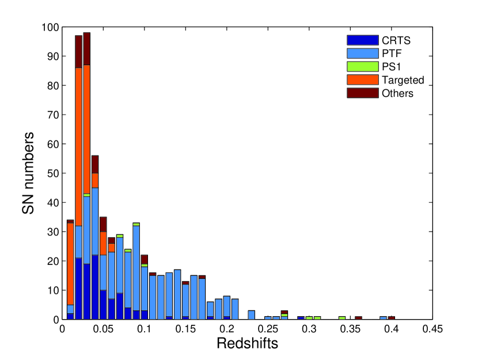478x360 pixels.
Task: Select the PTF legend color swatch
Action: coord(362,53)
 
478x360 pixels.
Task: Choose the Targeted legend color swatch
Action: coord(362,79)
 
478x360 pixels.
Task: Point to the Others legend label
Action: coord(397,93)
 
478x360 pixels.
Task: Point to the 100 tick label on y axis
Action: coord(50,27)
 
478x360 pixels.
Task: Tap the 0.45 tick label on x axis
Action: coord(432,329)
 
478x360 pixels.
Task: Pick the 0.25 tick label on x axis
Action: coord(268,329)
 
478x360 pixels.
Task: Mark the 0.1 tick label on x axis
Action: coord(145,329)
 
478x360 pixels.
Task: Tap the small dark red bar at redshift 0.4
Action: coord(392,317)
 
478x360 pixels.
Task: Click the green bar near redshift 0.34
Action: coord(342,317)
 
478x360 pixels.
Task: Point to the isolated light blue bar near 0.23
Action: coord(252,314)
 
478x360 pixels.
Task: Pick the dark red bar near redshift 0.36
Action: coord(358,317)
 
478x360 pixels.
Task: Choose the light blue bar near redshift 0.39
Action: coord(383,317)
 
